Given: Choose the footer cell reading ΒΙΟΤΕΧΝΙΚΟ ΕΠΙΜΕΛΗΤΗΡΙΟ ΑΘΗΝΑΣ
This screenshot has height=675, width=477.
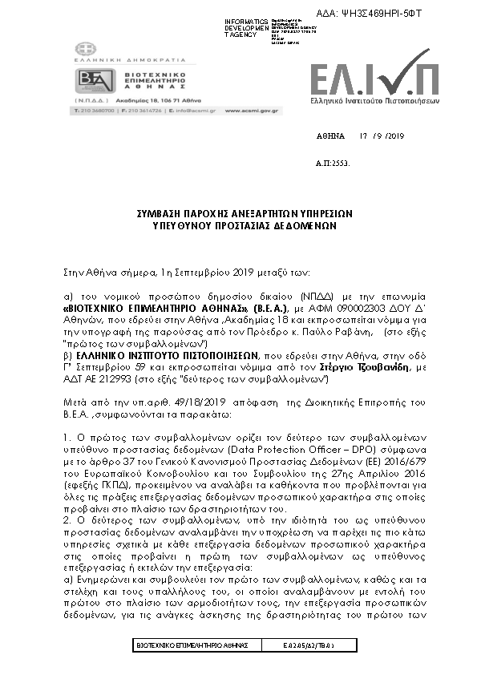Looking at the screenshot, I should click(x=192, y=645).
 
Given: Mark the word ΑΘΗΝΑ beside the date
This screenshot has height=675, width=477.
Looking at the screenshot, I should click(x=329, y=135).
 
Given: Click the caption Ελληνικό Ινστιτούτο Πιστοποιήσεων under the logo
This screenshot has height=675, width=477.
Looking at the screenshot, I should click(x=374, y=101).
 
